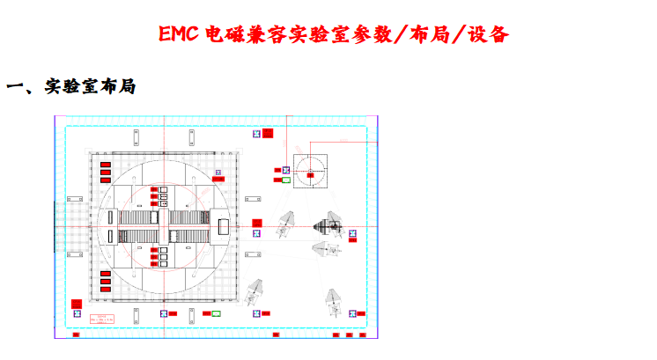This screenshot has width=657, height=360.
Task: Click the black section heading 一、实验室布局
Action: point(70,87)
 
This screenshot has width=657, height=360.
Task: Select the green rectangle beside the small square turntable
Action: point(284,180)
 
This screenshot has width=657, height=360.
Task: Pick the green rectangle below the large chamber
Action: point(217,312)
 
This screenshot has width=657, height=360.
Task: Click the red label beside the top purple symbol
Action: point(269,134)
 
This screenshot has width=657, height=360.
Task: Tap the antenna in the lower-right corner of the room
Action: point(335,300)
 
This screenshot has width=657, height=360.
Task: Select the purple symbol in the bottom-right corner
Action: point(351,313)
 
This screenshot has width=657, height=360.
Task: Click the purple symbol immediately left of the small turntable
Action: point(275,170)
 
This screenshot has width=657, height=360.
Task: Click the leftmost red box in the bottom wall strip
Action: point(76,335)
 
